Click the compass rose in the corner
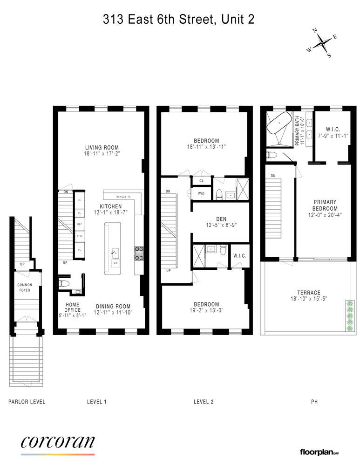pyautogui.click(x=322, y=43)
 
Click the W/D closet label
pyautogui.click(x=201, y=193)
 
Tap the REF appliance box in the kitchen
pyautogui.click(x=80, y=224)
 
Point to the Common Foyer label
pyautogui.click(x=24, y=288)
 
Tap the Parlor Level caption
pyautogui.click(x=27, y=401)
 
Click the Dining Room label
pyautogui.click(x=112, y=306)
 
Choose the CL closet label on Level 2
pyautogui.click(x=201, y=181)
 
